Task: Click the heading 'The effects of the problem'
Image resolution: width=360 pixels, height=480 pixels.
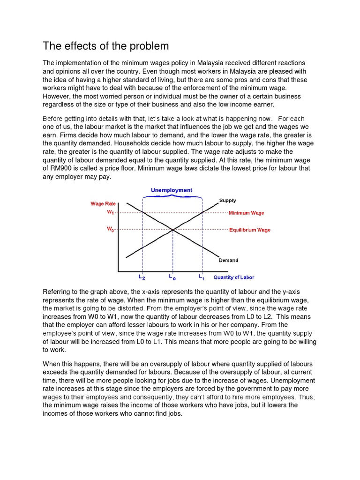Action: [105, 46]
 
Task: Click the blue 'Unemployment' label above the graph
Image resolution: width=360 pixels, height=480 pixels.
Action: [171, 190]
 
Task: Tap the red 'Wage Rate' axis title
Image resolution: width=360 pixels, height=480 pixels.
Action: [103, 204]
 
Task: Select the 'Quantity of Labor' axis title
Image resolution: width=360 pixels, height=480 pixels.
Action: [234, 277]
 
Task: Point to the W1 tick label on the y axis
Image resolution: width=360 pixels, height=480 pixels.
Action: [111, 212]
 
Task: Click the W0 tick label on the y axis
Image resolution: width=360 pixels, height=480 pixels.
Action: [111, 230]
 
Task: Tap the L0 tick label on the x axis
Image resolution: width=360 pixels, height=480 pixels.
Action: [172, 277]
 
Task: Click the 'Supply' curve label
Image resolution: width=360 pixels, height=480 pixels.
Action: [228, 201]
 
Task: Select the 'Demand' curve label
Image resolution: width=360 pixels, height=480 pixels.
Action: [228, 260]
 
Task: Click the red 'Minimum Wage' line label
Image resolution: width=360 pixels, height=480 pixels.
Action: [246, 213]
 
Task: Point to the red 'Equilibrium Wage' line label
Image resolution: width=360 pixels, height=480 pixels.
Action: [249, 230]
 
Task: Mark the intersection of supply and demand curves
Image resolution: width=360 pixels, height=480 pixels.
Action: [172, 230]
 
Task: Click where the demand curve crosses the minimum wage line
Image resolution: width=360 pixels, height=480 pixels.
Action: [142, 212]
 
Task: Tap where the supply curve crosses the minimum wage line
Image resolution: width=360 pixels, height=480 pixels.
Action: [202, 212]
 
